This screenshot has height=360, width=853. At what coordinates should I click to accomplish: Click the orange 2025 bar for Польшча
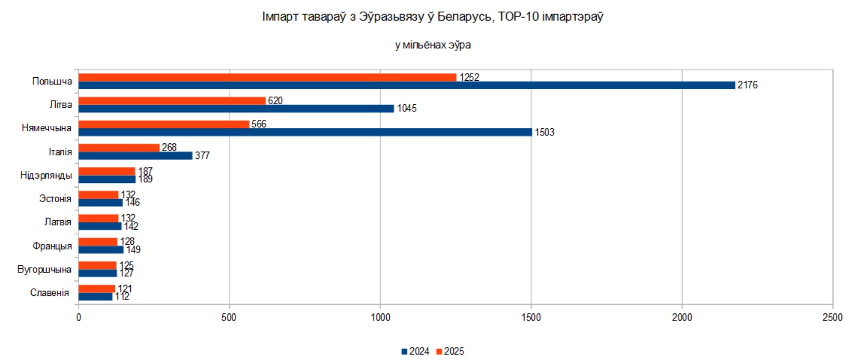pyautogui.click(x=267, y=77)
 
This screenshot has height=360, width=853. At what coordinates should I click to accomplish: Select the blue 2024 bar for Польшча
pyautogui.click(x=406, y=85)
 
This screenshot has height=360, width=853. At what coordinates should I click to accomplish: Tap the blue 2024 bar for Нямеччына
pyautogui.click(x=305, y=132)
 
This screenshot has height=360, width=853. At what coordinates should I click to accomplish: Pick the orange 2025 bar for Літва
pyautogui.click(x=172, y=101)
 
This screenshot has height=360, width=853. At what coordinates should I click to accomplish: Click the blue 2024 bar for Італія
pyautogui.click(x=135, y=156)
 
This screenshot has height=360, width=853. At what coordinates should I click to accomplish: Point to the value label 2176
pyautogui.click(x=747, y=85)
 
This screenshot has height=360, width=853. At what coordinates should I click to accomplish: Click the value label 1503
pyautogui.click(x=544, y=132)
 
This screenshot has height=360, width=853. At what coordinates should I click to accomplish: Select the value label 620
pyautogui.click(x=275, y=101)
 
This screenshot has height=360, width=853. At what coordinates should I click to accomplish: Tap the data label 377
pyautogui.click(x=202, y=156)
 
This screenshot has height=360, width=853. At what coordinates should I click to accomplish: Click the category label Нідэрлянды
pyautogui.click(x=46, y=175)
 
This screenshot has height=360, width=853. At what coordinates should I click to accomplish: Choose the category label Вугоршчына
pyautogui.click(x=44, y=269)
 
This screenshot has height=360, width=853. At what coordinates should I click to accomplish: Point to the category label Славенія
pyautogui.click(x=49, y=293)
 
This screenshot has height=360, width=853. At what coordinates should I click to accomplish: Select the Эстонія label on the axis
pyautogui.click(x=55, y=199)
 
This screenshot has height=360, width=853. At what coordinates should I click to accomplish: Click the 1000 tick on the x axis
pyautogui.click(x=380, y=317)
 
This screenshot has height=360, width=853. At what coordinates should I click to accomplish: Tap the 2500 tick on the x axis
pyautogui.click(x=832, y=317)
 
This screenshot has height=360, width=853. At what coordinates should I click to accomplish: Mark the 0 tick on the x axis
pyautogui.click(x=79, y=317)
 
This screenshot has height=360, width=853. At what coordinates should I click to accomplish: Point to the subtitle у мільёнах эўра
pyautogui.click(x=433, y=45)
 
